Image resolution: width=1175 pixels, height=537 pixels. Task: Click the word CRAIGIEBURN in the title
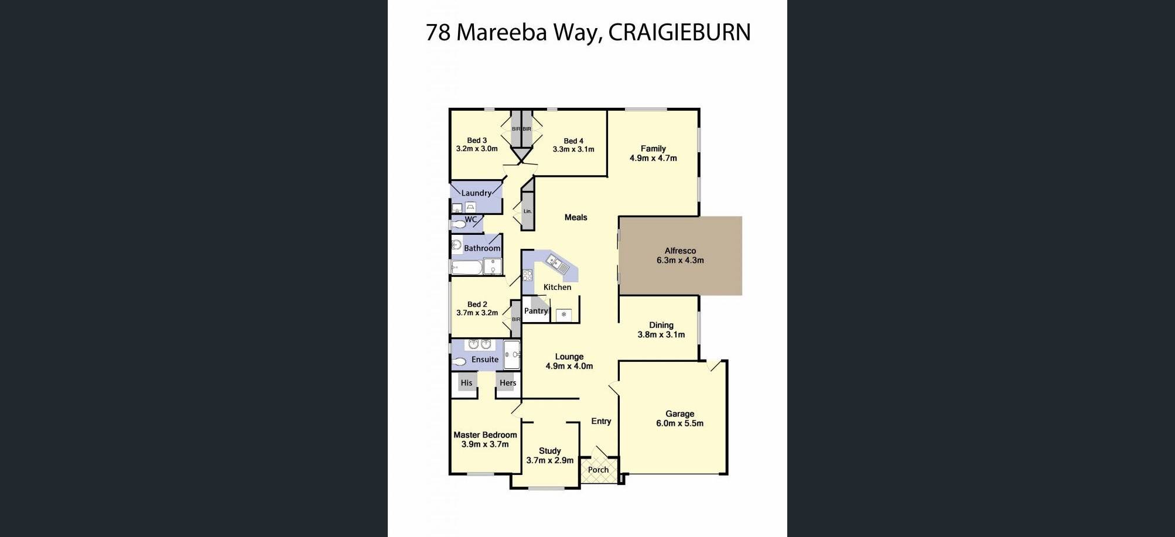(x=679, y=32)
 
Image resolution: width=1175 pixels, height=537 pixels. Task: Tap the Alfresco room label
(x=680, y=251)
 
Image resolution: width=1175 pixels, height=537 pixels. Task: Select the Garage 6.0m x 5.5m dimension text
(x=679, y=423)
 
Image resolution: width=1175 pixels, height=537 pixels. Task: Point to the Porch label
(x=598, y=470)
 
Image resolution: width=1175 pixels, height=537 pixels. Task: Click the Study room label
(x=549, y=451)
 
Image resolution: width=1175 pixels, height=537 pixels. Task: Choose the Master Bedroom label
(x=485, y=435)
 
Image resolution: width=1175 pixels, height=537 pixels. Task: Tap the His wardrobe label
(x=466, y=383)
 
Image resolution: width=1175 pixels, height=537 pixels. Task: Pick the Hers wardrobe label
(x=508, y=383)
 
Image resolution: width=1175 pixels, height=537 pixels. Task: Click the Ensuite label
(x=485, y=360)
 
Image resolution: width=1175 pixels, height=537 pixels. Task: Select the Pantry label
(x=536, y=311)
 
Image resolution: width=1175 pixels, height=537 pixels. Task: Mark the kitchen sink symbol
(x=558, y=264)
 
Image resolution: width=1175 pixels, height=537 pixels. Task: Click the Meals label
(x=576, y=217)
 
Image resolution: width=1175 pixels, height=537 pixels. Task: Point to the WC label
(x=470, y=220)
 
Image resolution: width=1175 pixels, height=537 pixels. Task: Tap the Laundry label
(x=476, y=193)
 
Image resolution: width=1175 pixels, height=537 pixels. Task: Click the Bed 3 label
(x=477, y=141)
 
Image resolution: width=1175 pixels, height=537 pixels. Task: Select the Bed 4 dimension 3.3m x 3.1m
(x=573, y=149)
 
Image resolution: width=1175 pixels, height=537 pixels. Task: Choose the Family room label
(x=653, y=149)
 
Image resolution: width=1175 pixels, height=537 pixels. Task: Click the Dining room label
(x=661, y=325)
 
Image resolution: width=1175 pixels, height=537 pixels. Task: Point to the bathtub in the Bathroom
(x=467, y=268)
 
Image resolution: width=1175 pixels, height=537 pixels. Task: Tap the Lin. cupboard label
(x=527, y=211)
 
